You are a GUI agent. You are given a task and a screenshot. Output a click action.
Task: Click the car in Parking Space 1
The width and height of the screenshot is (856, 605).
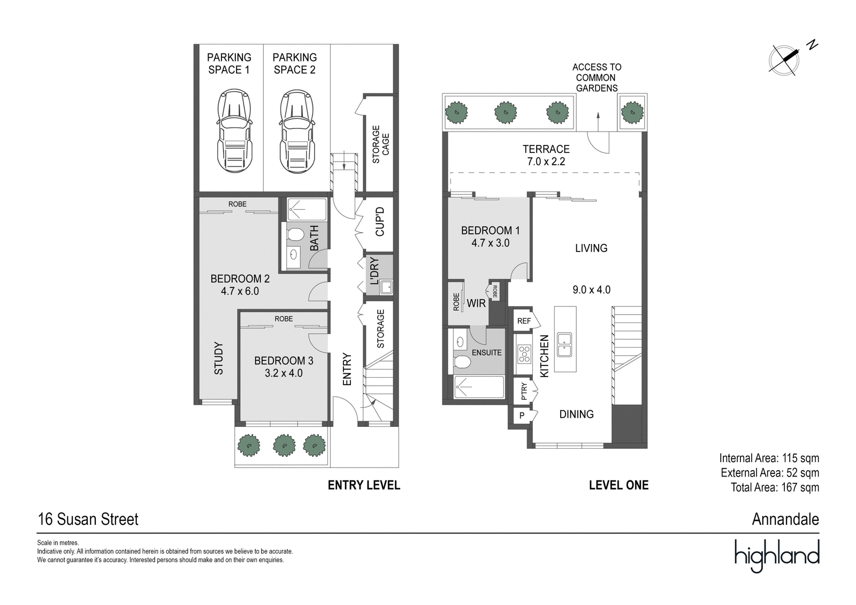pyautogui.click(x=234, y=131)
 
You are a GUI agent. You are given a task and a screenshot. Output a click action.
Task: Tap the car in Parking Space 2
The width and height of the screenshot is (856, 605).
pyautogui.click(x=297, y=131)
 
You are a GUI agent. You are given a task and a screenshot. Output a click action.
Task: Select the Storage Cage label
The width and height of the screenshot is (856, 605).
pyautogui.click(x=380, y=144)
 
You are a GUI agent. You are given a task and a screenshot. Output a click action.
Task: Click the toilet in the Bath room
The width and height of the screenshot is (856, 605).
pyautogui.click(x=295, y=234)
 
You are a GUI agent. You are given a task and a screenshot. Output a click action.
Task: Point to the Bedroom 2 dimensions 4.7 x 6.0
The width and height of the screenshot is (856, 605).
pyautogui.click(x=240, y=291)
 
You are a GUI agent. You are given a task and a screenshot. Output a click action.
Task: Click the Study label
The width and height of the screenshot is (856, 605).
pyautogui.click(x=218, y=358)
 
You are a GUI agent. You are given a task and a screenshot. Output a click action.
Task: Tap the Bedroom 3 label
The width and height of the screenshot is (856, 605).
pyautogui.click(x=284, y=361)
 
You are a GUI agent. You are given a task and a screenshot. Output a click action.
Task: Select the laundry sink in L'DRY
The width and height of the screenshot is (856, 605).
pyautogui.click(x=386, y=287)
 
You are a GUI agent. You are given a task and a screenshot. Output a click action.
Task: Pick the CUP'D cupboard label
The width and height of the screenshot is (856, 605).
pyautogui.click(x=379, y=221)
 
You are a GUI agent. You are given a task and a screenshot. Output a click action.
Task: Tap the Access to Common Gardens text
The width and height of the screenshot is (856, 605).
pyautogui.click(x=597, y=78)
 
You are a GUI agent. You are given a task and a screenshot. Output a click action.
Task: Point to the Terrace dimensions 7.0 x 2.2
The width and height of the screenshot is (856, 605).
pyautogui.click(x=546, y=162)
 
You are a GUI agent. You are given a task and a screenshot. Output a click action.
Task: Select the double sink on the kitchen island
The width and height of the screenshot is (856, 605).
pyautogui.click(x=564, y=344)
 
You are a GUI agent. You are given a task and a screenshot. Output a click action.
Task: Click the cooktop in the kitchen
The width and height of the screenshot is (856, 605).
pyautogui.click(x=524, y=354)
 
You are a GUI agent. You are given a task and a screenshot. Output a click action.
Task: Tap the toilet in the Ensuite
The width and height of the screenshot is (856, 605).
pyautogui.click(x=462, y=361)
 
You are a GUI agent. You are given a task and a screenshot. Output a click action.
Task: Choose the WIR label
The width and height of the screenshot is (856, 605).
pyautogui.click(x=476, y=303)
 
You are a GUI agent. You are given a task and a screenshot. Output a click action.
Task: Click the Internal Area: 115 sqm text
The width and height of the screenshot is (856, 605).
pyautogui.click(x=769, y=458)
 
